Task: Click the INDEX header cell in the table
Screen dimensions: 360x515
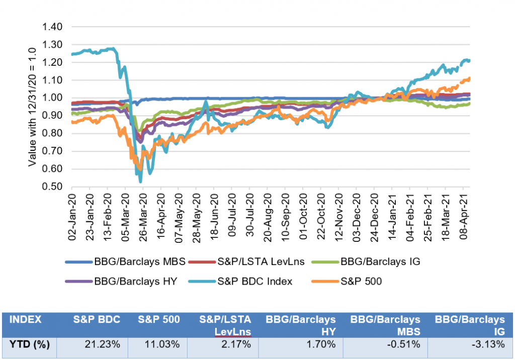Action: [25, 319]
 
